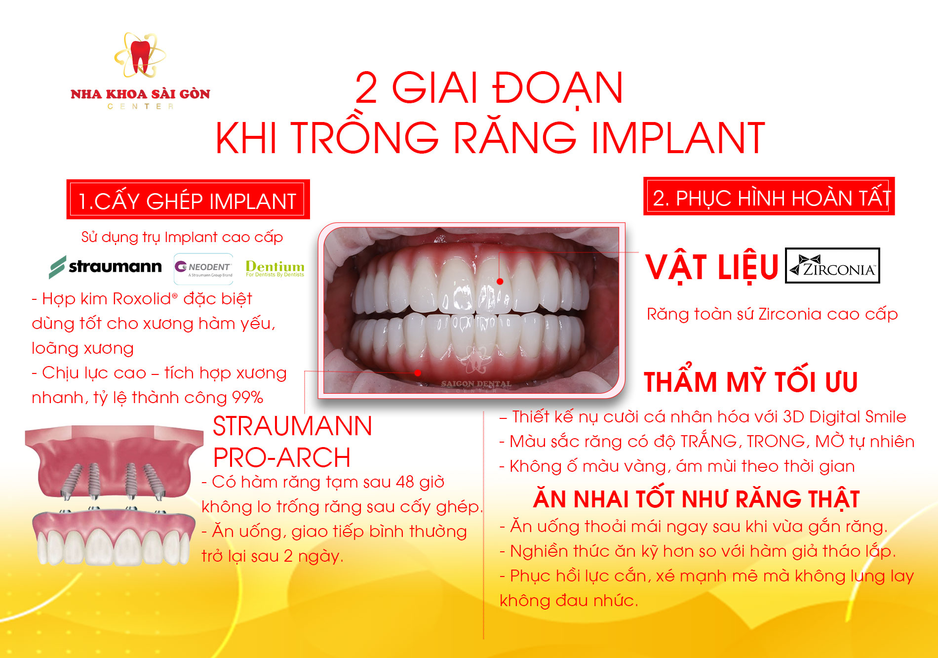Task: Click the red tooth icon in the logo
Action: click(140, 57)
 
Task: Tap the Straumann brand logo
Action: click(105, 267)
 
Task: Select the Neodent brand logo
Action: click(203, 269)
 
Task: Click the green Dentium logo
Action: click(275, 268)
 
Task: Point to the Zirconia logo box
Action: click(832, 265)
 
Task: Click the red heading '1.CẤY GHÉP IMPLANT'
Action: click(188, 200)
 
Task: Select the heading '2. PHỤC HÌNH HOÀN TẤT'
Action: click(769, 197)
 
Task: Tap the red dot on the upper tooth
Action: click(500, 282)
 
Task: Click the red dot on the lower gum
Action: click(418, 372)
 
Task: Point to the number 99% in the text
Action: click(247, 398)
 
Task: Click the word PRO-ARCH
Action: click(282, 457)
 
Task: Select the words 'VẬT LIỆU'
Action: click(711, 267)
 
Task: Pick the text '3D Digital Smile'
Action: click(845, 417)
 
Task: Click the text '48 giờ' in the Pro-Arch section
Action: click(421, 482)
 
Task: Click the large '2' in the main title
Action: click(366, 88)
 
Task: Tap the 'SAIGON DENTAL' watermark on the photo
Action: click(476, 383)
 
